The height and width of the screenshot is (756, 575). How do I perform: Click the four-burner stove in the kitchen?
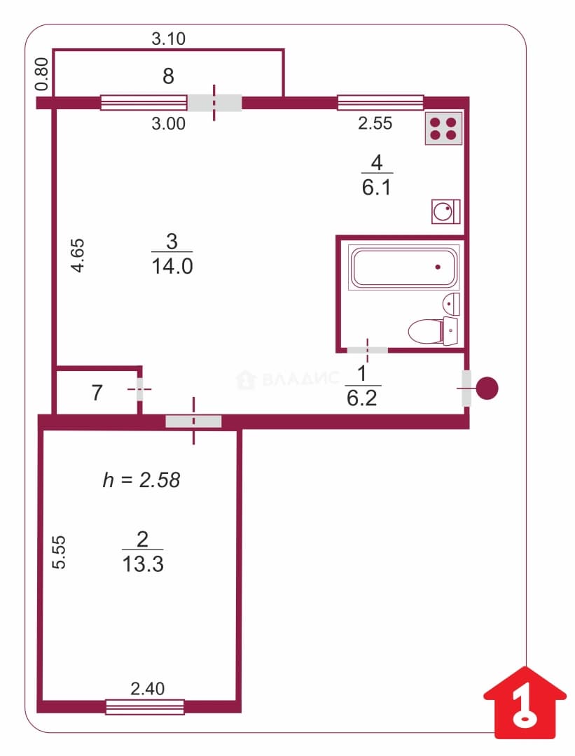tap(444, 128)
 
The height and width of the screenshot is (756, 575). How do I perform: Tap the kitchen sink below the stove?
tap(445, 211)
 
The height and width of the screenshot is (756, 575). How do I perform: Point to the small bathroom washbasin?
tap(451, 304)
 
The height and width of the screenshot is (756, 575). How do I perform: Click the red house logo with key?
tap(525, 703)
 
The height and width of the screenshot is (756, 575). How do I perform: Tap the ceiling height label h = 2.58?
tap(141, 480)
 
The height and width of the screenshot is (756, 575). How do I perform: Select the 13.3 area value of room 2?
tap(143, 563)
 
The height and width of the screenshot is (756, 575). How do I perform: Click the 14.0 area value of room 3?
tap(172, 266)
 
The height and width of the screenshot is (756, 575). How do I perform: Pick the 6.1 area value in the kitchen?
tap(376, 187)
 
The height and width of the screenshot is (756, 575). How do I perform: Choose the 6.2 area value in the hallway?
tap(362, 398)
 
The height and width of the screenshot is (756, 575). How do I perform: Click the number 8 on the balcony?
tap(168, 76)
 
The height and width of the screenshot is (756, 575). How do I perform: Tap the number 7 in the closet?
tap(97, 393)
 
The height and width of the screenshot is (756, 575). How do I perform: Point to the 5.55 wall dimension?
tap(58, 552)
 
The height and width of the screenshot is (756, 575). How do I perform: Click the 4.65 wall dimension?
tap(78, 255)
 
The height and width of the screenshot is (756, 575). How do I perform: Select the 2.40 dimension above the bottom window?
tap(148, 689)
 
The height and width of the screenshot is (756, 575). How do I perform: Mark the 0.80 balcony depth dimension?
tap(42, 74)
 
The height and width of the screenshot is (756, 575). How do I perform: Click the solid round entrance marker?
tap(487, 388)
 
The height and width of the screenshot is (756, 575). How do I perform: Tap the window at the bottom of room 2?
tap(145, 707)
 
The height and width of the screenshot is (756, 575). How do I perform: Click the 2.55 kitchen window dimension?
tap(375, 123)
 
